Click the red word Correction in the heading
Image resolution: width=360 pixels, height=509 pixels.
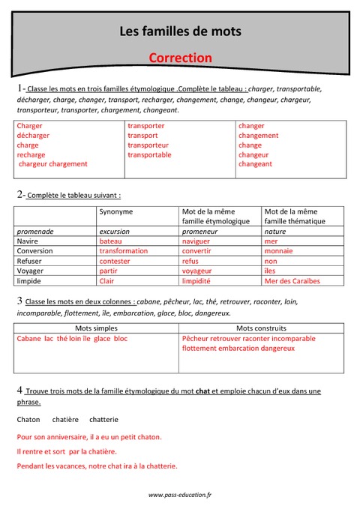tap(180, 57)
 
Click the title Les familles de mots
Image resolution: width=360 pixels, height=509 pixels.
tap(180, 31)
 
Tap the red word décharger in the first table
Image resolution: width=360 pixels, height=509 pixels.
tap(33, 136)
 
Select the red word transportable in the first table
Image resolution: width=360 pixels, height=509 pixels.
tap(149, 154)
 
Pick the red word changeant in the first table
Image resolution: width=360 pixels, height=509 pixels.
tap(255, 163)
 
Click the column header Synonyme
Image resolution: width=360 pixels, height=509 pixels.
tap(116, 212)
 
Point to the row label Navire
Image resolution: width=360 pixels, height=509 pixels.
tap(28, 241)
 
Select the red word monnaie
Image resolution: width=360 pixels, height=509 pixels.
tap(279, 251)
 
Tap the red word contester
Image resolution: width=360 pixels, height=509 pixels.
tap(115, 261)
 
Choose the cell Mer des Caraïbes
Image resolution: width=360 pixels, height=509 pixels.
tap(292, 280)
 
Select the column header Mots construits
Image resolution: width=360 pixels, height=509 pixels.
tap(261, 328)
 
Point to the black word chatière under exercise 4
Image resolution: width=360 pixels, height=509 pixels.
tap(66, 419)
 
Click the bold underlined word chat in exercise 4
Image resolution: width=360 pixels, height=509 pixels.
tap(202, 391)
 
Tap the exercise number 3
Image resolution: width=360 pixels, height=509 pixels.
tap(19, 301)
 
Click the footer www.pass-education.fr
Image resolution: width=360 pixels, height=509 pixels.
tap(180, 495)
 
